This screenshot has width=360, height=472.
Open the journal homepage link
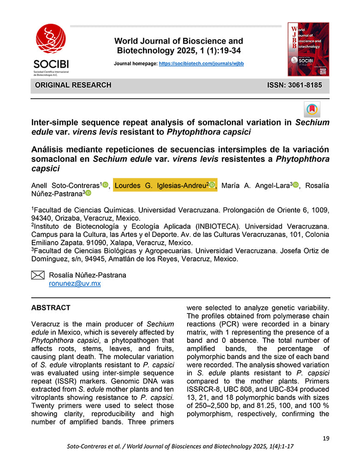[x=201, y=63]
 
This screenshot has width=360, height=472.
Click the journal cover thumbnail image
[x=308, y=49]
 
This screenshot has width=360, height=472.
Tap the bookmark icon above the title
[x=312, y=109]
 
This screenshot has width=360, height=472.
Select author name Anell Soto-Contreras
[x=65, y=185]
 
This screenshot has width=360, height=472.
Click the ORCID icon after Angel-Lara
[x=296, y=185]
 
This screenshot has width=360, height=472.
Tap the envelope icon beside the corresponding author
[x=37, y=275]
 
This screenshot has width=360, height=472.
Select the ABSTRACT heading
[x=51, y=308]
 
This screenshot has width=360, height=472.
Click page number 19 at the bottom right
[x=326, y=438]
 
